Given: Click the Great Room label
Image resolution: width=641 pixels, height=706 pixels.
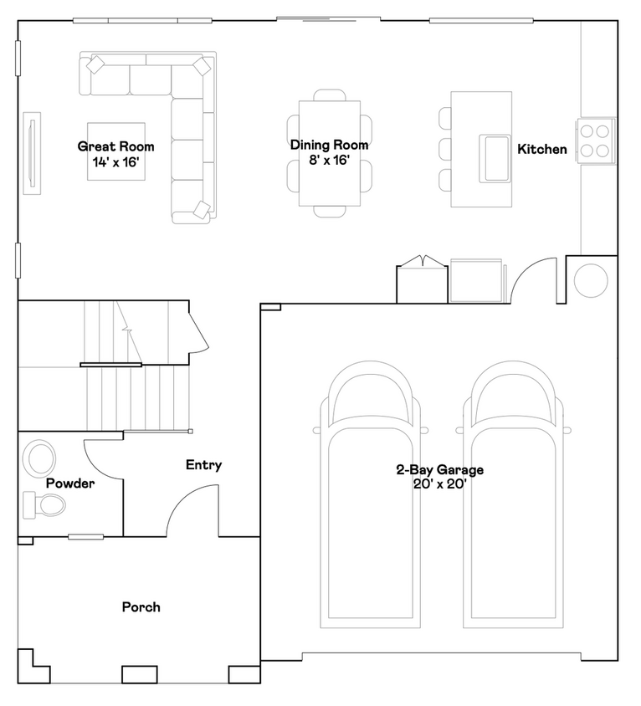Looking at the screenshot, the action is [x=115, y=146].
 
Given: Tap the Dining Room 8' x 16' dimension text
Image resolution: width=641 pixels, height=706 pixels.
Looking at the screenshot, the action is [x=329, y=161].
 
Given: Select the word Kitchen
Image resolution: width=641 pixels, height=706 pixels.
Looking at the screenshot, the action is [x=542, y=149].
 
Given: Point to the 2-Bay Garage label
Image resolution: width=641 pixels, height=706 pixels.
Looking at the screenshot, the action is [x=439, y=469].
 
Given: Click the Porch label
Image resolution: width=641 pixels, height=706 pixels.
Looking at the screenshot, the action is [x=141, y=607].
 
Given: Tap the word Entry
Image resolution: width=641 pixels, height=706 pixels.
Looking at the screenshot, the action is [x=203, y=464].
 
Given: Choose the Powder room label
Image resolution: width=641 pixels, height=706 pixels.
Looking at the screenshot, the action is [x=70, y=483].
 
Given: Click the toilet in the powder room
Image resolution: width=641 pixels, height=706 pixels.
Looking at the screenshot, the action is [x=44, y=504].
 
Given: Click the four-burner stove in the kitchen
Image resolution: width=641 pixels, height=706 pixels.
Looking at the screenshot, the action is [x=596, y=141].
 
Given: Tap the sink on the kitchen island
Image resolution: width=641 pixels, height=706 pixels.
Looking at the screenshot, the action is [x=495, y=158].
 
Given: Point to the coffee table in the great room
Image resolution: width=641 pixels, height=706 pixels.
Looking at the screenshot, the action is [x=116, y=151].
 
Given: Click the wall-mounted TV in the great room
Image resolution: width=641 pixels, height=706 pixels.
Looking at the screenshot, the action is [x=32, y=153].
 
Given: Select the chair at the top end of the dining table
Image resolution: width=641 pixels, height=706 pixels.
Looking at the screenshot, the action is [x=330, y=95].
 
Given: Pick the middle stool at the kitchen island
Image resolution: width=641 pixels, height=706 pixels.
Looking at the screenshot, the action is [x=445, y=149].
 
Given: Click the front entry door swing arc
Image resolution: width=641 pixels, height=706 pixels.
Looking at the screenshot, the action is [x=184, y=498].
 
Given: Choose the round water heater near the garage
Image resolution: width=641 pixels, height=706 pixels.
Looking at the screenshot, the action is [x=591, y=280].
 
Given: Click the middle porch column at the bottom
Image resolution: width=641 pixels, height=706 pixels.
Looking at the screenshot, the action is [x=140, y=674].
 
